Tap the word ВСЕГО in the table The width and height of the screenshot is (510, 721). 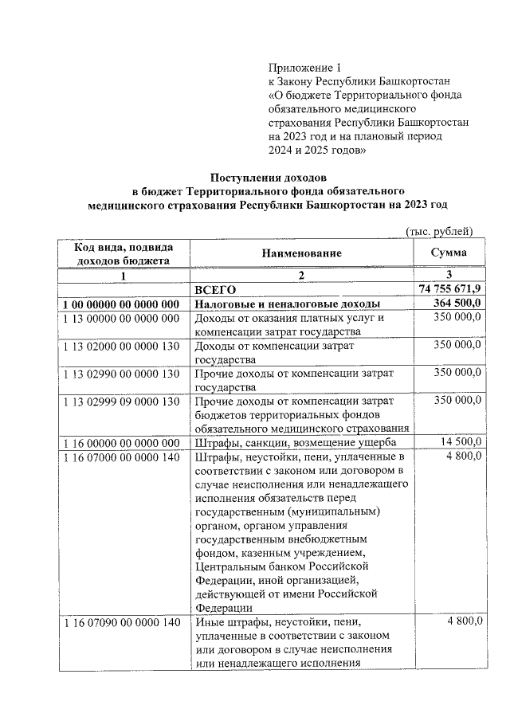click(x=217, y=290)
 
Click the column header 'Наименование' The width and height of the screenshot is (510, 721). click(x=301, y=253)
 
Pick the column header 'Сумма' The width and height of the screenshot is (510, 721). click(x=449, y=253)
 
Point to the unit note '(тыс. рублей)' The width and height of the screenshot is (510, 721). click(x=440, y=231)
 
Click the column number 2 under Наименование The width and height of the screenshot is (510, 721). click(x=301, y=275)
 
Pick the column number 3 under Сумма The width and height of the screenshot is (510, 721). click(x=449, y=275)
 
